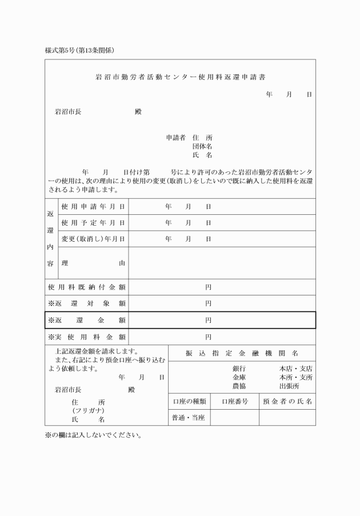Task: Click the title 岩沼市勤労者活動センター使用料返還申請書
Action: pos(179,77)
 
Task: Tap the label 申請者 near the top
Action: pos(175,138)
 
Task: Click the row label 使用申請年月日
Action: pos(93,206)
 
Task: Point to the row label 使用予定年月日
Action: pos(93,222)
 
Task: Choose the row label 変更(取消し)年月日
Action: pos(93,238)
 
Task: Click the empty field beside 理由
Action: pos(222,263)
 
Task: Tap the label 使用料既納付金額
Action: pos(87,287)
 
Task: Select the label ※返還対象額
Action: pos(87,303)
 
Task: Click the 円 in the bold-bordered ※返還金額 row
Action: pos(209,321)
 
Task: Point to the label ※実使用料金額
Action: pos(87,337)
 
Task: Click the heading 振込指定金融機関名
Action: pos(242,353)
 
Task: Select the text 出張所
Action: pos(290,386)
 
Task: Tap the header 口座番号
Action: pos(235,402)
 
